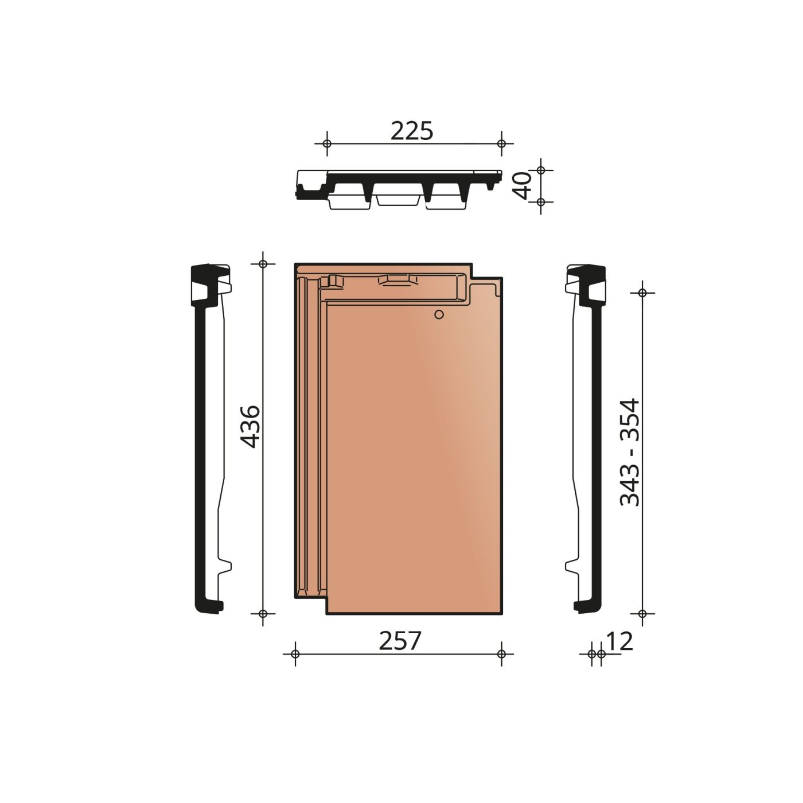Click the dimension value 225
pos(412,131)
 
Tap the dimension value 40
pos(523,186)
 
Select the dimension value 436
pos(250,427)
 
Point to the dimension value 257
pos(400,641)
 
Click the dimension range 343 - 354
pos(630,453)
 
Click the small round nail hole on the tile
pos(439,314)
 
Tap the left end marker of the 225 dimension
pos(327,143)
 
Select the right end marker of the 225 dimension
pos(502,143)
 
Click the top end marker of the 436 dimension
pos(263,264)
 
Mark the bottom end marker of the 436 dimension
pos(263,614)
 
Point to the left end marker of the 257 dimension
pos(295,654)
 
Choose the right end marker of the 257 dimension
pos(502,654)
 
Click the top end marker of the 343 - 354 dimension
pos(642,293)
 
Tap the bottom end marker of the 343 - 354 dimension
pos(642,614)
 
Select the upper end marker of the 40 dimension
pos(541,170)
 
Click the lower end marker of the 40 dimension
pos(541,202)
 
